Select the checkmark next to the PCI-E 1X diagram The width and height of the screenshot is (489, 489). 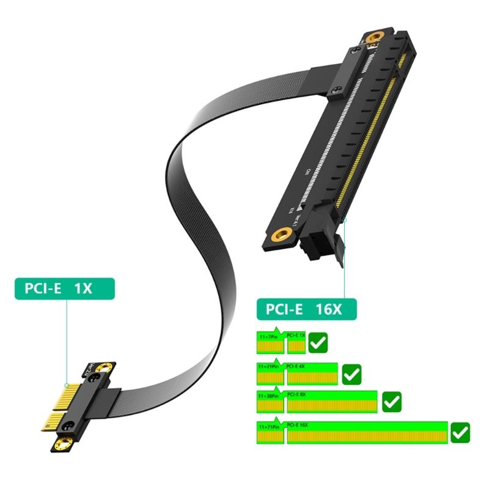318,343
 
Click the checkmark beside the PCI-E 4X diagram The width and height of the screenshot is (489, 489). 351,373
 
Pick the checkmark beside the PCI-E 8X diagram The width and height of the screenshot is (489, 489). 391,402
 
